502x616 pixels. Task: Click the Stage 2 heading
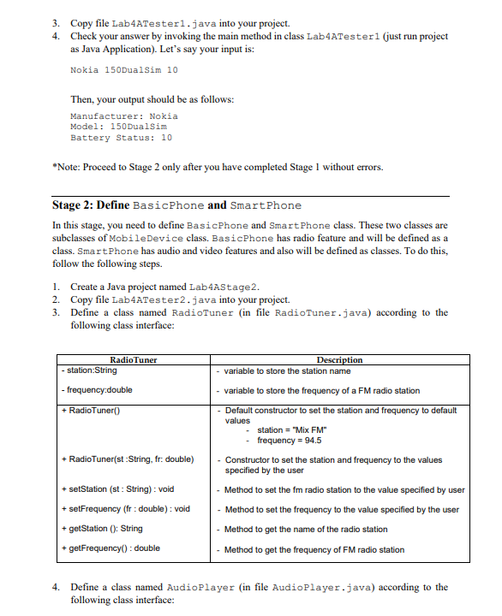click(176, 204)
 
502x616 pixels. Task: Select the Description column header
click(339, 360)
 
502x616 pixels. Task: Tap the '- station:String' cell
click(89, 370)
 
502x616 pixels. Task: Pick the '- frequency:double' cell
click(97, 390)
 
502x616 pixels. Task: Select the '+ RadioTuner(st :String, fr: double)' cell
click(126, 460)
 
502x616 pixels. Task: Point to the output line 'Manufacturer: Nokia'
click(123, 115)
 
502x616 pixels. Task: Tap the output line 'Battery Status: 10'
click(121, 137)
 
